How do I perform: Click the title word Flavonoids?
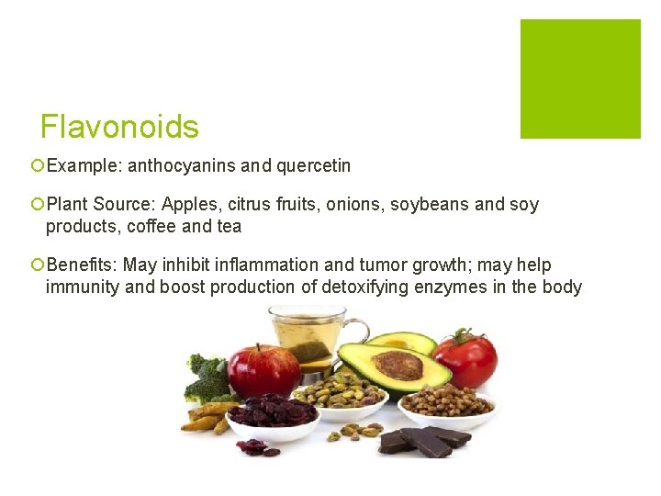pyautogui.click(x=119, y=127)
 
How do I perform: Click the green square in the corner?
pyautogui.click(x=580, y=79)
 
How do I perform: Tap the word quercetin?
pyautogui.click(x=315, y=166)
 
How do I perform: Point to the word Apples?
pyautogui.click(x=189, y=204)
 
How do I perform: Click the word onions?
pyautogui.click(x=355, y=204)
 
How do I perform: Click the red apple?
pyautogui.click(x=263, y=369)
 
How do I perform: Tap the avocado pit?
pyautogui.click(x=398, y=365)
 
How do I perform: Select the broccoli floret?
pyautogui.click(x=207, y=377)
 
